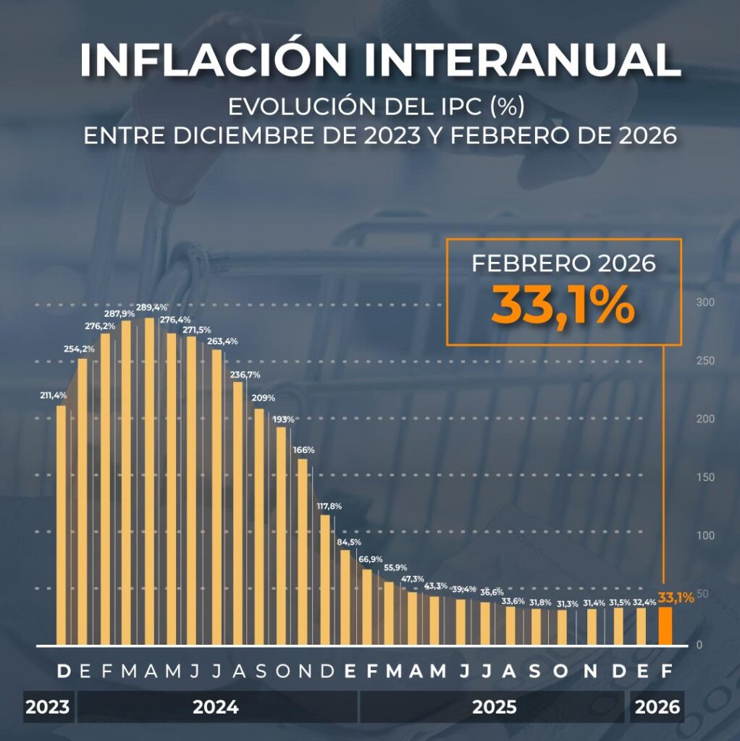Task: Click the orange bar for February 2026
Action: [665, 625]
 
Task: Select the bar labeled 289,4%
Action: [149, 481]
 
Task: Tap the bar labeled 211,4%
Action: [61, 525]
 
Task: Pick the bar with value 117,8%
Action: [324, 579]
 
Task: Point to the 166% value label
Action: [303, 450]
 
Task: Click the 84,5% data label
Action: [349, 542]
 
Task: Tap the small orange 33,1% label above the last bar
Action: [676, 598]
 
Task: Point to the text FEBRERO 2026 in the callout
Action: [563, 263]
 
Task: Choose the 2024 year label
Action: [216, 707]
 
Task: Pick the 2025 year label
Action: [495, 707]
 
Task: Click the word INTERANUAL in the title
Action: [521, 61]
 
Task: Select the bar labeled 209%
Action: [259, 526]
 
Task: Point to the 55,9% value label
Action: [395, 567]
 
